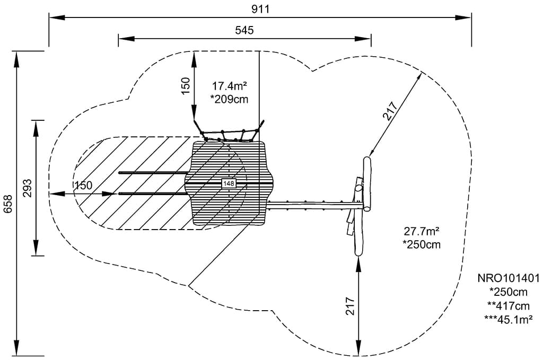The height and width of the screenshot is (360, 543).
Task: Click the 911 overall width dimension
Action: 260,9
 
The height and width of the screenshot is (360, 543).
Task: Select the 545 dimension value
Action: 244,30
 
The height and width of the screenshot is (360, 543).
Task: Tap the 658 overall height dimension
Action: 8,204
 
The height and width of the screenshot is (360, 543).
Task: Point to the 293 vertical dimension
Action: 28,188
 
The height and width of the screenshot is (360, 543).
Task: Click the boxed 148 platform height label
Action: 229,183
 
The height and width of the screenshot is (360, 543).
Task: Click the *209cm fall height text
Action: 229,99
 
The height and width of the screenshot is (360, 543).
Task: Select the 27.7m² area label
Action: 422,231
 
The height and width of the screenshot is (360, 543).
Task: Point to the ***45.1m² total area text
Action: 508,319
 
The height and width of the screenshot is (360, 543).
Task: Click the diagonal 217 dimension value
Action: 390,111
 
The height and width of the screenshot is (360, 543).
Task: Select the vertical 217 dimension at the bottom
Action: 350,306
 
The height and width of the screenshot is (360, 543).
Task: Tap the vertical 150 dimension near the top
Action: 185,86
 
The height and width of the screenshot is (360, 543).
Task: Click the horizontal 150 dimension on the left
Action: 83,186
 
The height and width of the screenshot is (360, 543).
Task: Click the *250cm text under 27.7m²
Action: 422,244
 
